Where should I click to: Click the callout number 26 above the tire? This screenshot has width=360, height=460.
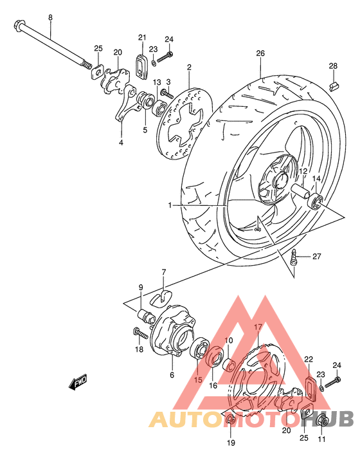click(260, 53)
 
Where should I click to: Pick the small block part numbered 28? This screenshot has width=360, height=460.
click(333, 87)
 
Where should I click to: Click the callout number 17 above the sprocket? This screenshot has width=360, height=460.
click(257, 327)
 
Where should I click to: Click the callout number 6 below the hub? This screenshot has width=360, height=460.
click(172, 375)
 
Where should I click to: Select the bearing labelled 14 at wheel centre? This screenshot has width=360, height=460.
click(316, 203)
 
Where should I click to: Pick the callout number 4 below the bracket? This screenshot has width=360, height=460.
click(120, 142)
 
